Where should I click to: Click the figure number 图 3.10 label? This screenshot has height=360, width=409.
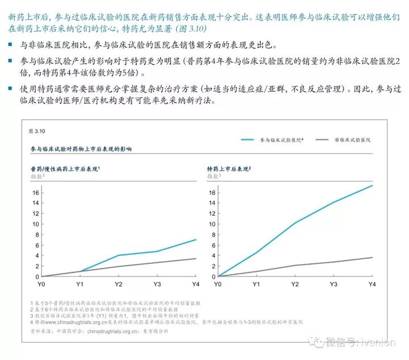tap(36, 131)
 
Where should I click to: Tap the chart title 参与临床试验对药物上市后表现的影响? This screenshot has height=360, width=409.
tap(81, 149)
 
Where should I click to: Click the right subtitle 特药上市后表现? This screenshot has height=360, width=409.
tap(228, 169)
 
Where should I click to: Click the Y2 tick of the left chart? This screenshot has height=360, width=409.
tap(118, 283)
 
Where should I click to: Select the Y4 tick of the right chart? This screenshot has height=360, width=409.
tap(372, 283)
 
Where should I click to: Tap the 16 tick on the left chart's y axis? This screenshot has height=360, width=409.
tap(35, 192)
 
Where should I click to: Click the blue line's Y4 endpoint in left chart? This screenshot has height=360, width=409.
tap(196, 239)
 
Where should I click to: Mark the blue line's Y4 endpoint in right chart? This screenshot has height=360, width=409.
tap(373, 185)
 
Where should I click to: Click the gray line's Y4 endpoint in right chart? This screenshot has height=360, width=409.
tap(373, 258)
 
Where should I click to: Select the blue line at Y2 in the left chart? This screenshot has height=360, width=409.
tap(118, 255)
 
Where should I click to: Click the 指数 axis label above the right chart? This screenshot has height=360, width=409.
tap(213, 177)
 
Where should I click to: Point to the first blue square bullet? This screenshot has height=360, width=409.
tap(11, 44)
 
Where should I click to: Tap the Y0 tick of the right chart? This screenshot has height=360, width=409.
tap(219, 283)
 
